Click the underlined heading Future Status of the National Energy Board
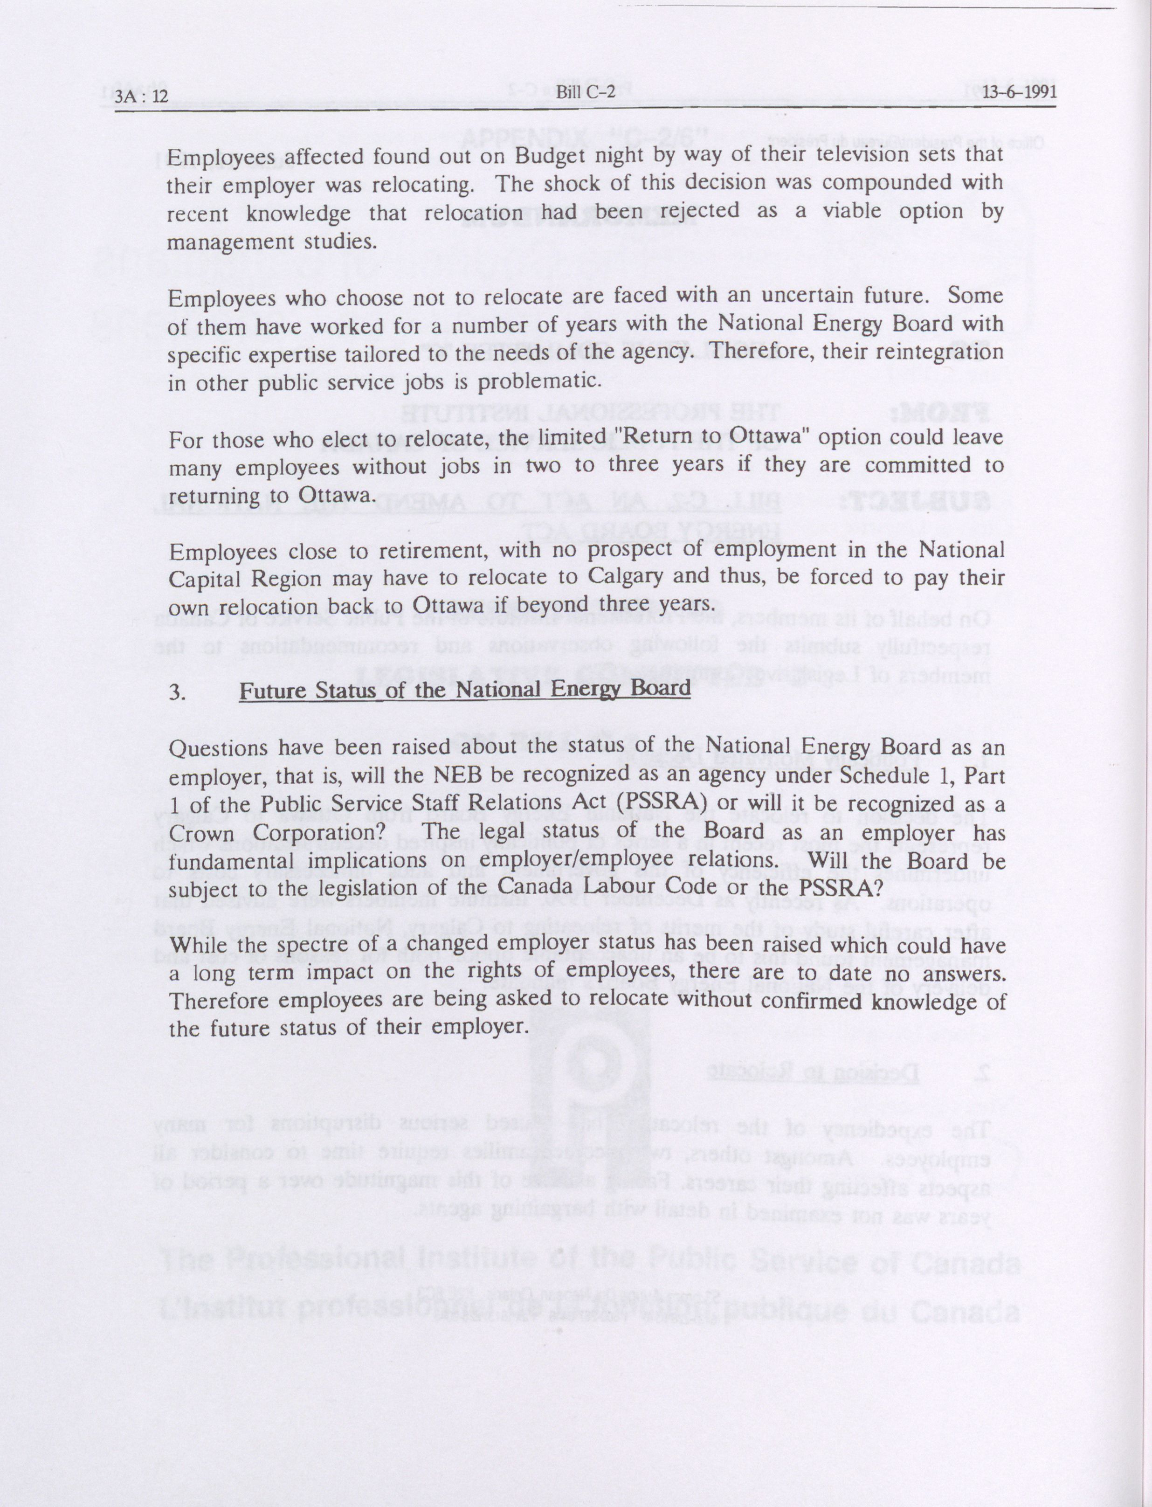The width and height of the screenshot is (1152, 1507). coord(464,689)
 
